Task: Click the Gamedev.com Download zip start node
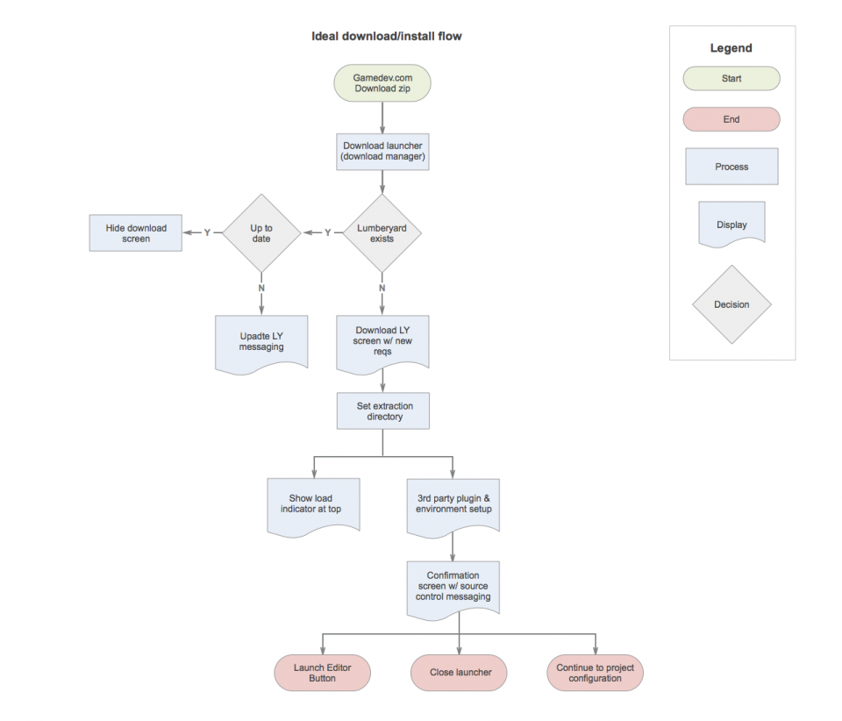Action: click(x=382, y=83)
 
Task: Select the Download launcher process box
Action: click(x=382, y=152)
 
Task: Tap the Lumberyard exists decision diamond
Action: click(x=382, y=233)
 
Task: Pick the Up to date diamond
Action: click(x=261, y=233)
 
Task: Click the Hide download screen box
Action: click(x=136, y=233)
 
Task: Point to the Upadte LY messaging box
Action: click(x=261, y=344)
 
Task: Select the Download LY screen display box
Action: click(x=382, y=344)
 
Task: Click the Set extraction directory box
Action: click(x=383, y=411)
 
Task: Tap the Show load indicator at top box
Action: click(x=314, y=506)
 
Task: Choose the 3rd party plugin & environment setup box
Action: click(x=453, y=506)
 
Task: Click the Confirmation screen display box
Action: click(x=453, y=589)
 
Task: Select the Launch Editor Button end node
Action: click(x=322, y=673)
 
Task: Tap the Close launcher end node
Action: click(x=459, y=673)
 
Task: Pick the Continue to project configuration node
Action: click(x=595, y=673)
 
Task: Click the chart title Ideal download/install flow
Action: click(x=387, y=36)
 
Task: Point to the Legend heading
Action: click(x=731, y=47)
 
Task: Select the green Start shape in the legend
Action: click(x=731, y=78)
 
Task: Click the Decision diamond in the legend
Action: click(x=731, y=304)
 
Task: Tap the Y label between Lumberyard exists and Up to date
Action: click(x=327, y=232)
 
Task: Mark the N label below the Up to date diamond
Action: click(x=261, y=288)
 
